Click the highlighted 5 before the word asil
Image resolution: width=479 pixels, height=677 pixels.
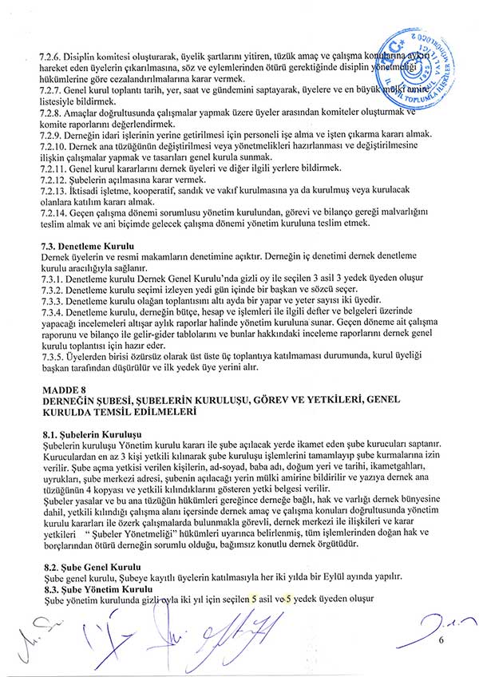254,598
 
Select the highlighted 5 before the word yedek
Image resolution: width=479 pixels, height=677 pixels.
290,598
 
